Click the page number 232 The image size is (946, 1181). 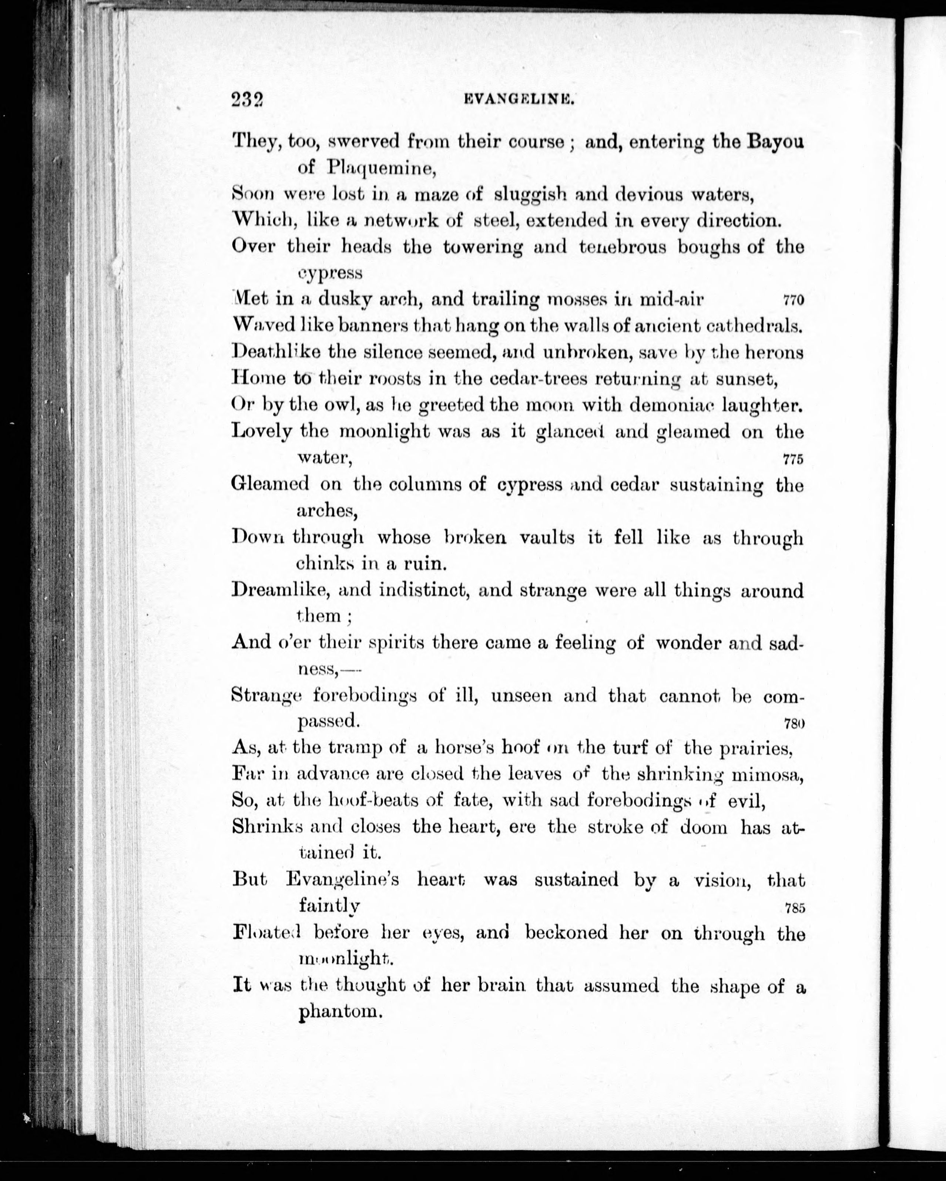247,99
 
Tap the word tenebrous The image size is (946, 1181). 622,248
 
